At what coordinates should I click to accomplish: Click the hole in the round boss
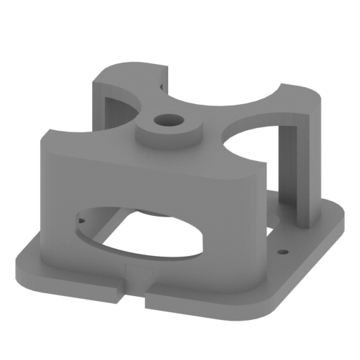[x=167, y=121]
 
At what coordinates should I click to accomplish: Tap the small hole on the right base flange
[x=283, y=250]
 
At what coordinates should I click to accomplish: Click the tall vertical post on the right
[x=309, y=169]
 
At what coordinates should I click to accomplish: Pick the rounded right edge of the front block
[x=262, y=211]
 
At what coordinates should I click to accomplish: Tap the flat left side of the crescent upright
[x=98, y=105]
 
